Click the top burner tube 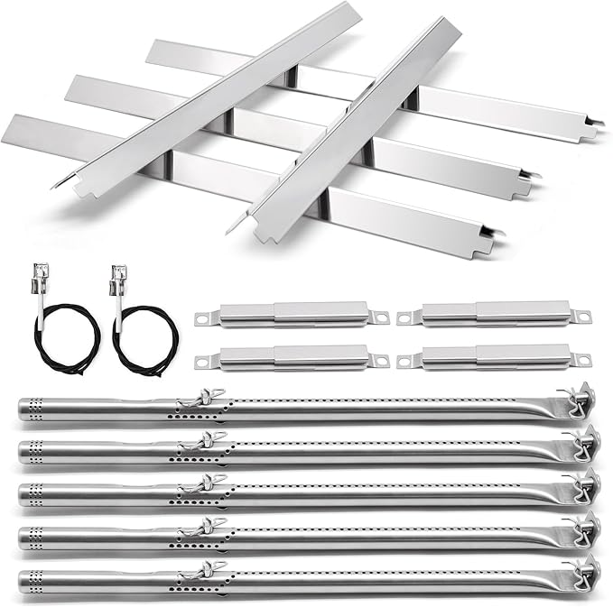(x=361, y=408)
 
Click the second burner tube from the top (x=361, y=451)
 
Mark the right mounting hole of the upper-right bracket (x=582, y=316)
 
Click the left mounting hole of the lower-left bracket (x=202, y=362)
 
